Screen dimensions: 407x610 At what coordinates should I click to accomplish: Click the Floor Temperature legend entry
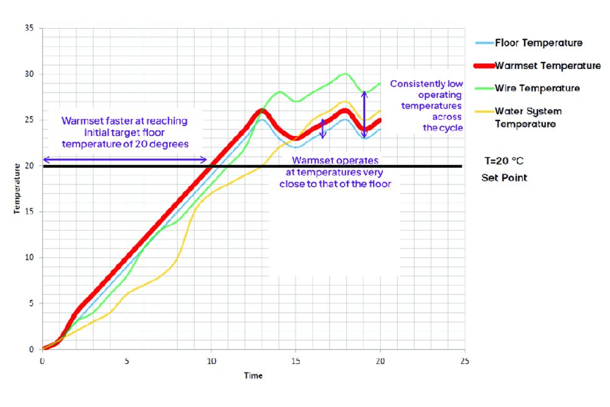click(x=538, y=43)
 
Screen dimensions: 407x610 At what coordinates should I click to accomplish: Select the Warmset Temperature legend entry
click(x=547, y=66)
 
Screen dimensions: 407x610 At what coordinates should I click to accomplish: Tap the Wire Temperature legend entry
click(x=537, y=88)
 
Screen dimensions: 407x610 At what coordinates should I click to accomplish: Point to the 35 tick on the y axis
click(x=29, y=28)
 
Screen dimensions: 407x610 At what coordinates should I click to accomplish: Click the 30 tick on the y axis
click(x=29, y=74)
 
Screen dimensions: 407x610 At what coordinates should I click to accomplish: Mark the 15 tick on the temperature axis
click(x=29, y=211)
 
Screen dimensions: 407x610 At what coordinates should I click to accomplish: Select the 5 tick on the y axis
click(x=31, y=303)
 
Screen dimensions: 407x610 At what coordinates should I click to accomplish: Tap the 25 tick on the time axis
click(x=464, y=361)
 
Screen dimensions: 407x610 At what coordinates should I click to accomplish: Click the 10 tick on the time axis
click(x=211, y=361)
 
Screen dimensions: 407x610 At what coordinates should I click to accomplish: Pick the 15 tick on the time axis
click(x=295, y=361)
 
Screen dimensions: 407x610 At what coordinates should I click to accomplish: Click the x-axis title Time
click(x=253, y=376)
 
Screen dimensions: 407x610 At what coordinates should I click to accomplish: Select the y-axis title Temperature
click(x=17, y=189)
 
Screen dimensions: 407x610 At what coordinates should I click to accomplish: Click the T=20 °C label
click(x=504, y=161)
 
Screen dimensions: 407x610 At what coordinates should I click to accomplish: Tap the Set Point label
click(x=504, y=178)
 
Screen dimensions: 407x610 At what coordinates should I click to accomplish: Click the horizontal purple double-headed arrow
click(x=125, y=160)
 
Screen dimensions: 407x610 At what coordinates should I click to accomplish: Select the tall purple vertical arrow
click(x=364, y=114)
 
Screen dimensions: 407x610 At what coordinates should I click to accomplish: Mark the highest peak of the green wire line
click(x=345, y=74)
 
